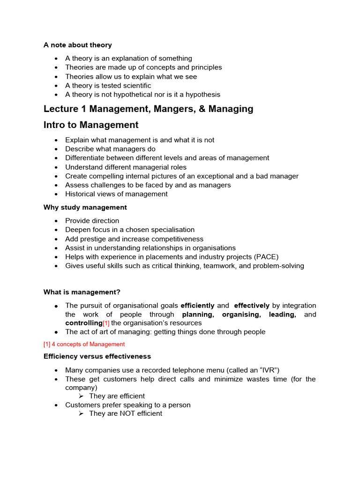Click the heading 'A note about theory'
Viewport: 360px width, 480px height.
[x=77, y=45]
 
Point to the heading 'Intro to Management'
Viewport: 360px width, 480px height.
[x=91, y=125]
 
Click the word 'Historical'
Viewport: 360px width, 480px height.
[x=80, y=194]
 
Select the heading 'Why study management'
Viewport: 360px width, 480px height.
[x=85, y=207]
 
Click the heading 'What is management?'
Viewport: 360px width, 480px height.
[x=82, y=292]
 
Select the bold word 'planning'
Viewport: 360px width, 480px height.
[x=197, y=315]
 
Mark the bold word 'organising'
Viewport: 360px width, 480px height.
[x=241, y=315]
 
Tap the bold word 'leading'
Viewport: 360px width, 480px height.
[x=282, y=315]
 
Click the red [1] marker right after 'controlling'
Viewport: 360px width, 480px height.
[x=106, y=323]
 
